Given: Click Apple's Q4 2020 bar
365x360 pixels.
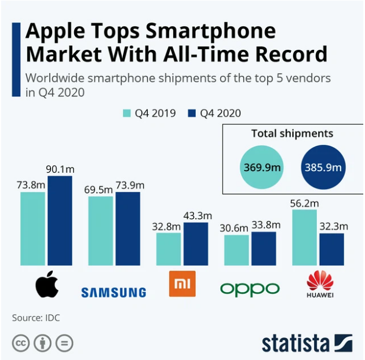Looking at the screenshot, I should tap(60, 220).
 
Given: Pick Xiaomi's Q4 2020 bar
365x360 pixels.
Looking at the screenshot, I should tap(195, 243).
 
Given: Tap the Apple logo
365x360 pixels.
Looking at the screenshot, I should tap(47, 284).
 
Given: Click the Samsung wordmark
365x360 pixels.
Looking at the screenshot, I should tap(114, 292).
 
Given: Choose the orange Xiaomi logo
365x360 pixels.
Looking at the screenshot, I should tap(182, 283).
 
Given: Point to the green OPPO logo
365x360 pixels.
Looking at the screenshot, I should tap(250, 288).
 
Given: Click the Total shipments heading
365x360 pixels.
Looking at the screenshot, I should tap(292, 133).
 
